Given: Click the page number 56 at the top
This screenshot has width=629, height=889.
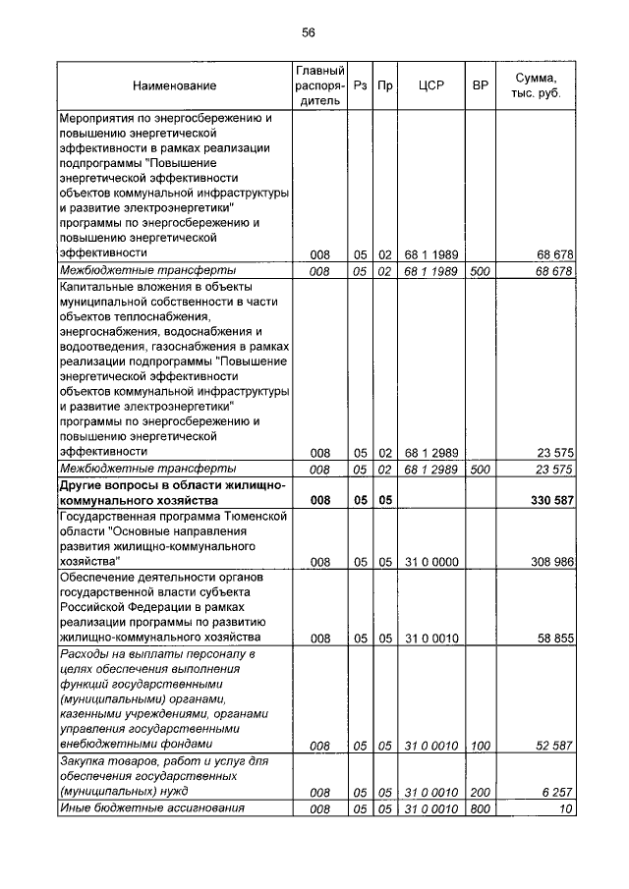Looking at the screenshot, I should (308, 32).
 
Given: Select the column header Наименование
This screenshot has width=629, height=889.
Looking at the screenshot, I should (175, 86).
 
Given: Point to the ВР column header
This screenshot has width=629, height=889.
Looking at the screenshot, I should (481, 86).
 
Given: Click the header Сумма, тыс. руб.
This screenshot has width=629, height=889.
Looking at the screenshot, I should (537, 86).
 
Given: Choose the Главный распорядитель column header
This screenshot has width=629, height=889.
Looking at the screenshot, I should (319, 86).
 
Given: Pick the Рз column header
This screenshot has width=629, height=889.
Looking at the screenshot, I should (362, 86).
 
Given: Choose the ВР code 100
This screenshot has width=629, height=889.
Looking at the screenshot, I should (481, 746).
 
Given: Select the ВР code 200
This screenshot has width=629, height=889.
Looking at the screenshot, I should (481, 791).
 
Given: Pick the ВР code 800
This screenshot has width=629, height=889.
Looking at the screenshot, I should (481, 808).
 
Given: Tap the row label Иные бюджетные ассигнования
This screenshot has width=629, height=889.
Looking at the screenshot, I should (151, 808).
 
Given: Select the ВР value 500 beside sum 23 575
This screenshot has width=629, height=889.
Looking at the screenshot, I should (481, 470).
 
